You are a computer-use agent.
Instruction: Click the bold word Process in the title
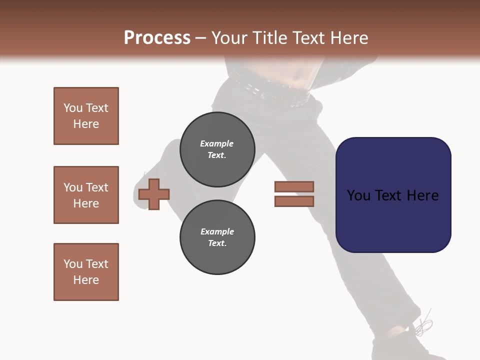click(157, 38)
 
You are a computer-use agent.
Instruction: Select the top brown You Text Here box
click(86, 116)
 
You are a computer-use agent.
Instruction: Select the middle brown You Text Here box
click(86, 195)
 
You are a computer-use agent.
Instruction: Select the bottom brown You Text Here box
click(86, 272)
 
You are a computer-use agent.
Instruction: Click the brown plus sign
click(154, 194)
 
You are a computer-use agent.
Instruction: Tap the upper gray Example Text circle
click(217, 149)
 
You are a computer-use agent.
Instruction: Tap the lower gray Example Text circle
click(217, 237)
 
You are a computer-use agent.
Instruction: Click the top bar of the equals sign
click(294, 186)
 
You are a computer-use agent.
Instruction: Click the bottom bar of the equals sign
click(294, 201)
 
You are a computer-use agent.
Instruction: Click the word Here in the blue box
click(422, 195)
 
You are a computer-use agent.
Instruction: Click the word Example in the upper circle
click(216, 143)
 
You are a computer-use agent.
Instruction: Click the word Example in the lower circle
click(217, 231)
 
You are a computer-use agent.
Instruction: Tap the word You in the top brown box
click(73, 108)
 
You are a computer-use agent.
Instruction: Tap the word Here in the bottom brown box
click(86, 280)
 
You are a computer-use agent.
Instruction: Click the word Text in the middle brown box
click(96, 187)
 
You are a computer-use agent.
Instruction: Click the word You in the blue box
click(358, 195)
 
